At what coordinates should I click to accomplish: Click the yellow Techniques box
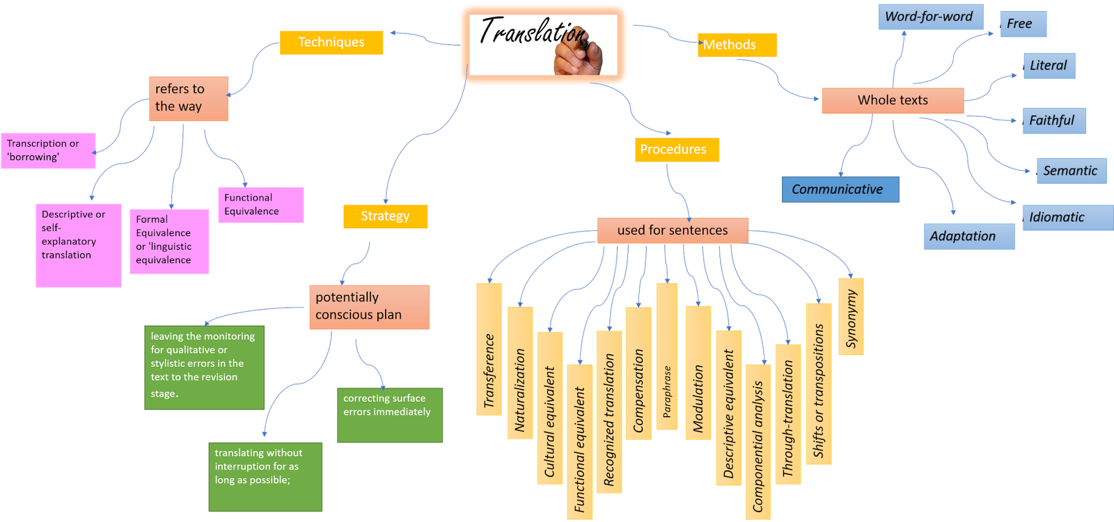331,42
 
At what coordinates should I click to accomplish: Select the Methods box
737,45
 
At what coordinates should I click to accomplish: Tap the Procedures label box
676,150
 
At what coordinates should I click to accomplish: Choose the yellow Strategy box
385,216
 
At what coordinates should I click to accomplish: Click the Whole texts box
893,100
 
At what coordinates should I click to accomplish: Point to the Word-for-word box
929,17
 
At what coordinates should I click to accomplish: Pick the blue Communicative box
840,189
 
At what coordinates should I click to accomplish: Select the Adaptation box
968,237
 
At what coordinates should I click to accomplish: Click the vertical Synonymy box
851,317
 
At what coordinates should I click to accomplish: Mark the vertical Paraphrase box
666,356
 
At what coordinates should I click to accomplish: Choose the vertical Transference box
489,349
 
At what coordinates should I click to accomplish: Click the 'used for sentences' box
673,230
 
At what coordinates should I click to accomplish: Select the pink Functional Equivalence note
260,205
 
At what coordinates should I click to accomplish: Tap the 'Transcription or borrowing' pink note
48,150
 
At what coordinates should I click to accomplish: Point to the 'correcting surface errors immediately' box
390,415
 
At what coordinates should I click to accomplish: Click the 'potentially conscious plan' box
369,307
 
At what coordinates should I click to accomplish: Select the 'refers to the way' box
188,98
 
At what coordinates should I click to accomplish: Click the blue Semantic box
1071,171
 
